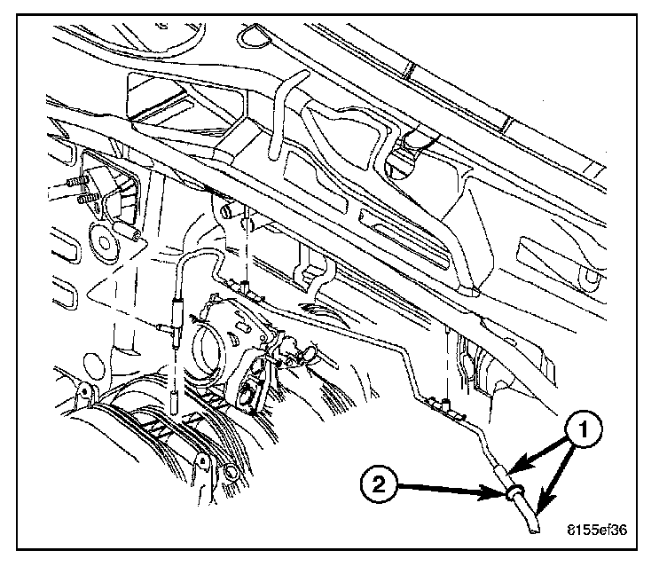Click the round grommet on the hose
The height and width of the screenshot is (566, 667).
(x=514, y=494)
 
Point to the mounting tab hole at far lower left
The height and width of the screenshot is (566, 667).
(x=82, y=393)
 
